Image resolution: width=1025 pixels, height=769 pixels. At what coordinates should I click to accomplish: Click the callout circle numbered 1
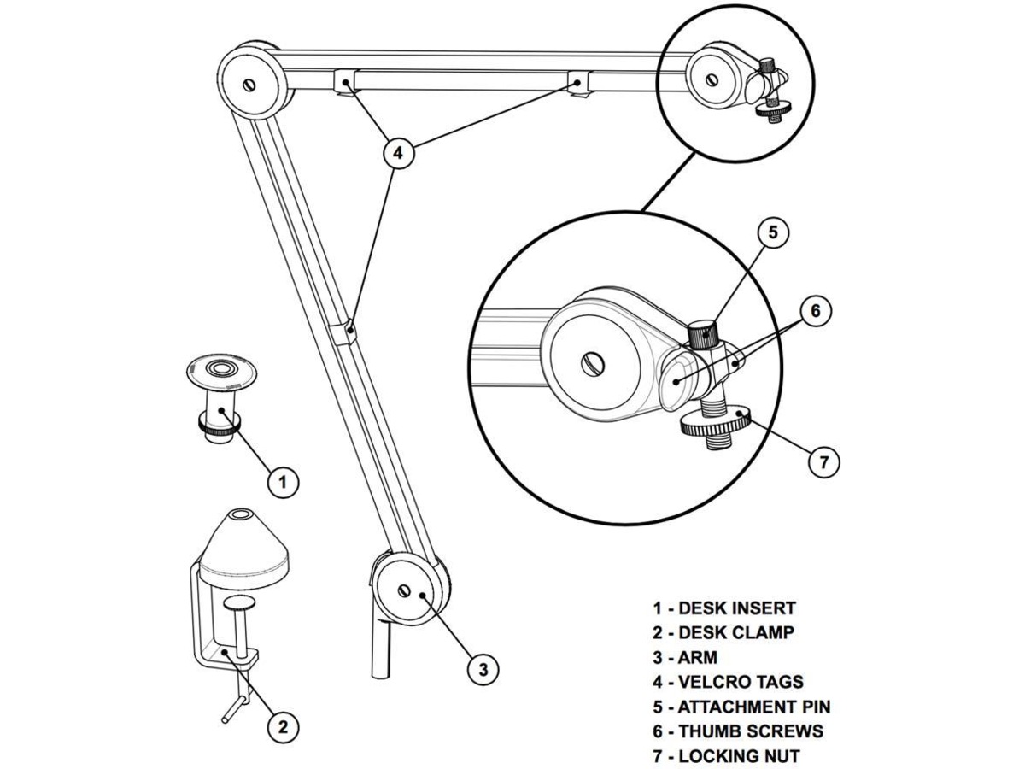[x=283, y=482]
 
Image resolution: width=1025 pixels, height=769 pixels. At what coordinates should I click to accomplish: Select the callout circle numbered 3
[x=483, y=669]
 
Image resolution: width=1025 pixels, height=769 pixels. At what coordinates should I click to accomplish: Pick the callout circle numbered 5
[x=772, y=233]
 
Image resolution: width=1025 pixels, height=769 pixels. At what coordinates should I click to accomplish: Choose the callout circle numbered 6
[x=815, y=311]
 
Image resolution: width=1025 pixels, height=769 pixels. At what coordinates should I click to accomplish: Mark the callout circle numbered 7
[x=823, y=462]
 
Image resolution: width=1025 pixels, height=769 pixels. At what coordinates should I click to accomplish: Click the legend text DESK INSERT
[x=736, y=608]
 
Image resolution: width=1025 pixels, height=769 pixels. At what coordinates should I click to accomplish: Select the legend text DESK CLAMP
[x=735, y=633]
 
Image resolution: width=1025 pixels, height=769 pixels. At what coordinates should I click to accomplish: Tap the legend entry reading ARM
[x=697, y=658]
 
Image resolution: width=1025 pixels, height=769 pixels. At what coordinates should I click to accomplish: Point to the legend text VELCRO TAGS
[x=740, y=682]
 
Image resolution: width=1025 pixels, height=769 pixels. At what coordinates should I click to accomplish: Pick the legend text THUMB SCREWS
[x=750, y=731]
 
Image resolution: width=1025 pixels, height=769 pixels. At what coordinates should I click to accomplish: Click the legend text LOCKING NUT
[x=739, y=756]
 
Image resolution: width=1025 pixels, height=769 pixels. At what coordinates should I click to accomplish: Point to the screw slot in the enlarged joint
[x=589, y=364]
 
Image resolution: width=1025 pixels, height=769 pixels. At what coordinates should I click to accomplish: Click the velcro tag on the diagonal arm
[x=348, y=331]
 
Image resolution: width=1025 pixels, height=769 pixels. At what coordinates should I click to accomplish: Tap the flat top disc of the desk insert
[x=223, y=371]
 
